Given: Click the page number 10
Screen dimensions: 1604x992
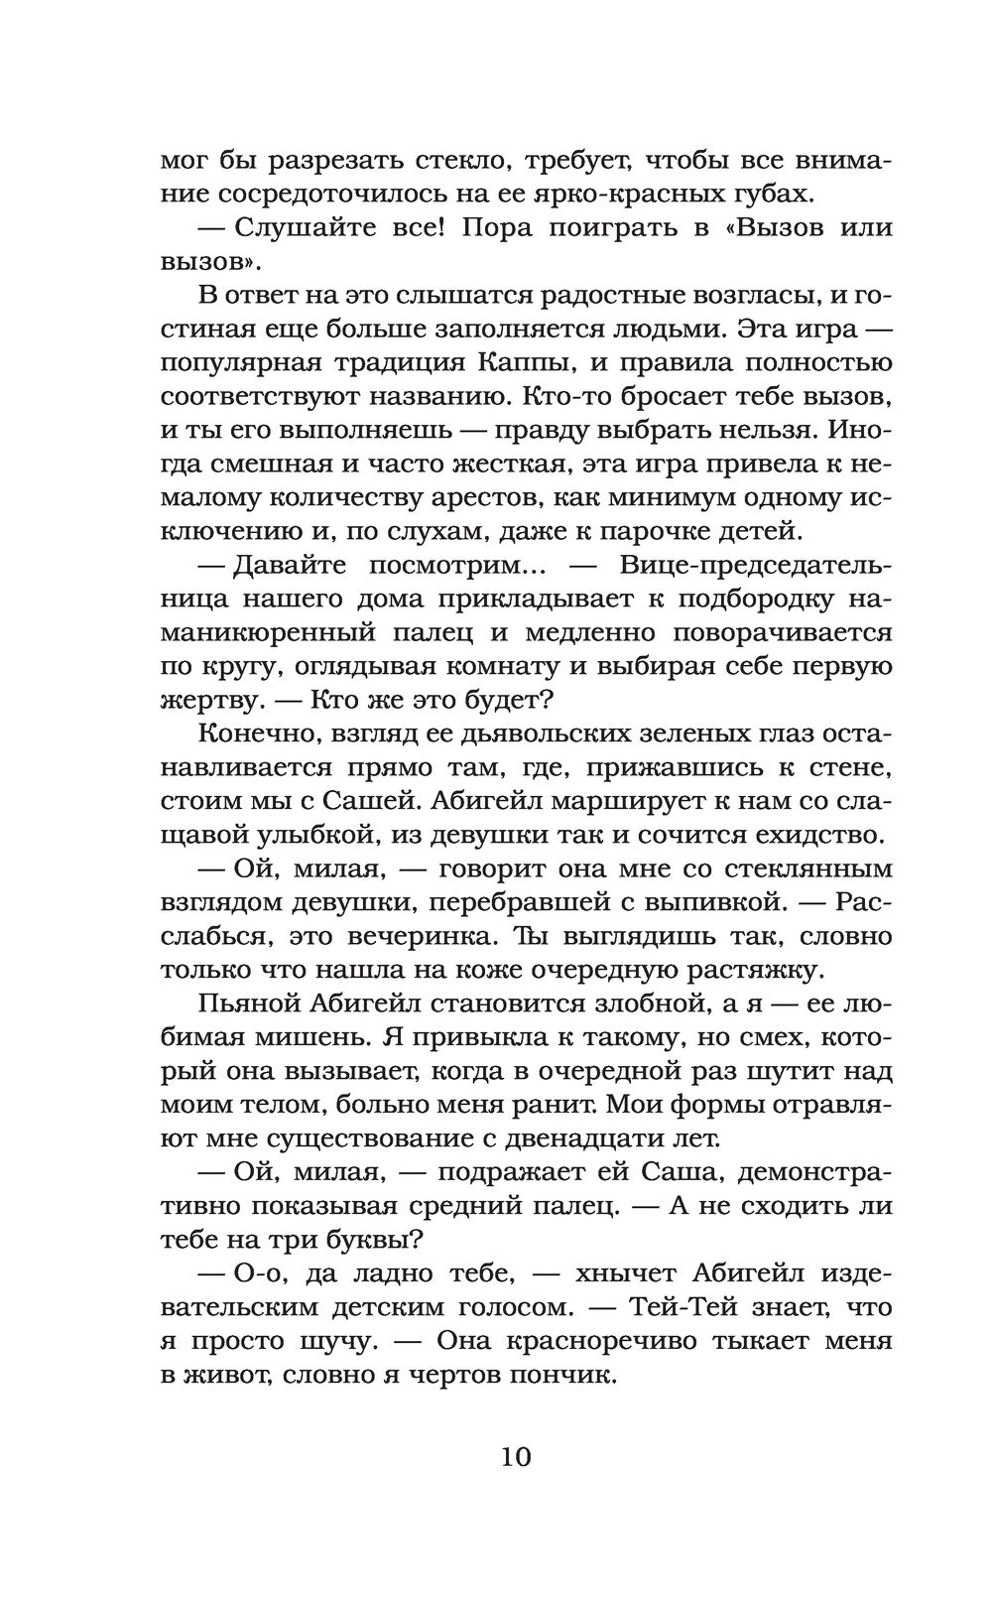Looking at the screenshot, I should click(517, 1457).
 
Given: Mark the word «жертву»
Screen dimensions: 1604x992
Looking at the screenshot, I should click(207, 700).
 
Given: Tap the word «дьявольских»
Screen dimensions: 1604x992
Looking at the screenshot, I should click(496, 734).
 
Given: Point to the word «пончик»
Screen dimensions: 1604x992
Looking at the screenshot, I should click(562, 1375).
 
